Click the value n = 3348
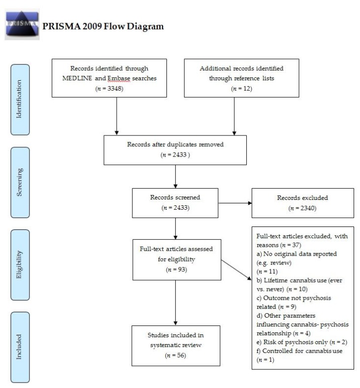[x=116, y=89]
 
